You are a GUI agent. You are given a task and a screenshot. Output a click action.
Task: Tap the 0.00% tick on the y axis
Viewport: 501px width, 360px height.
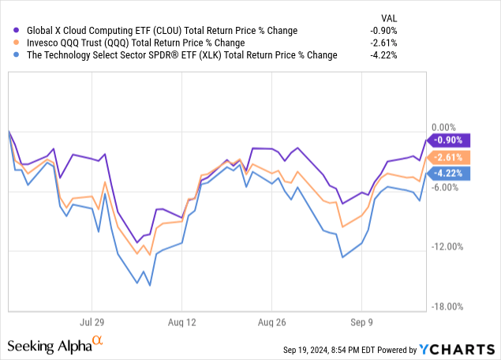[446, 127]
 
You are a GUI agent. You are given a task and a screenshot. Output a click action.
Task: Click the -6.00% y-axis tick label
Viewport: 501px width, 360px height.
[446, 187]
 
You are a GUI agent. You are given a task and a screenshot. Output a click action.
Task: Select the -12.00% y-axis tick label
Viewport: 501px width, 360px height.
[448, 247]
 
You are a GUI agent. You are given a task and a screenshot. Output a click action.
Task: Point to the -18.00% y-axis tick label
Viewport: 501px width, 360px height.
[448, 307]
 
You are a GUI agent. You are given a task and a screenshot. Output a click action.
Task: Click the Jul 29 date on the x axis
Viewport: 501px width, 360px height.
[92, 322]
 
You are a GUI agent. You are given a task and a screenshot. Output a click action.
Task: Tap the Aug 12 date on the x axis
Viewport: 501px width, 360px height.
[181, 322]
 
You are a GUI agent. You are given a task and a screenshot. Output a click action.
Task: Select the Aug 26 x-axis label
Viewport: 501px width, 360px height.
[271, 322]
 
